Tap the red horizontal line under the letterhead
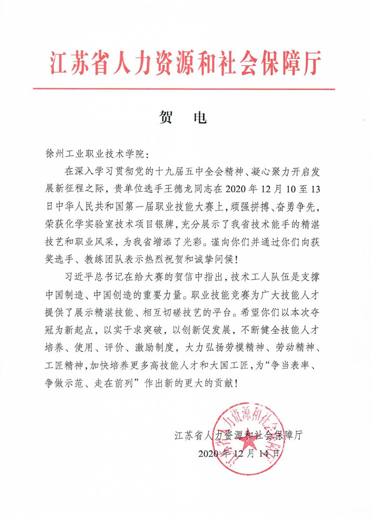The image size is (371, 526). [x=185, y=89]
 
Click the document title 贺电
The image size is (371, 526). [x=185, y=118]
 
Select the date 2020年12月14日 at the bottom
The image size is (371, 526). [x=240, y=453]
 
